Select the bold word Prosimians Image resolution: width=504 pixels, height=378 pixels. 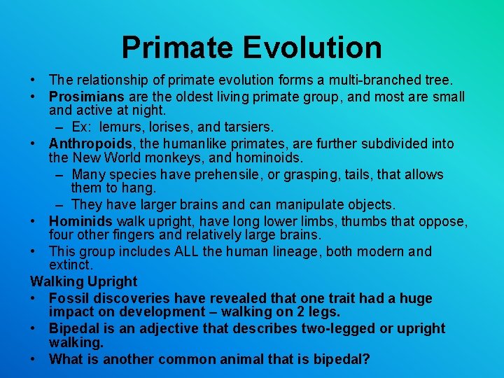[x=87, y=97]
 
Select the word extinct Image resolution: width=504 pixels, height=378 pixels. [x=71, y=266]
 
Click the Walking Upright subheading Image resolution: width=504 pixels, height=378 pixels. [x=84, y=281]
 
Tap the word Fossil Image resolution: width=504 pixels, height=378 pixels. [x=68, y=298]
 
